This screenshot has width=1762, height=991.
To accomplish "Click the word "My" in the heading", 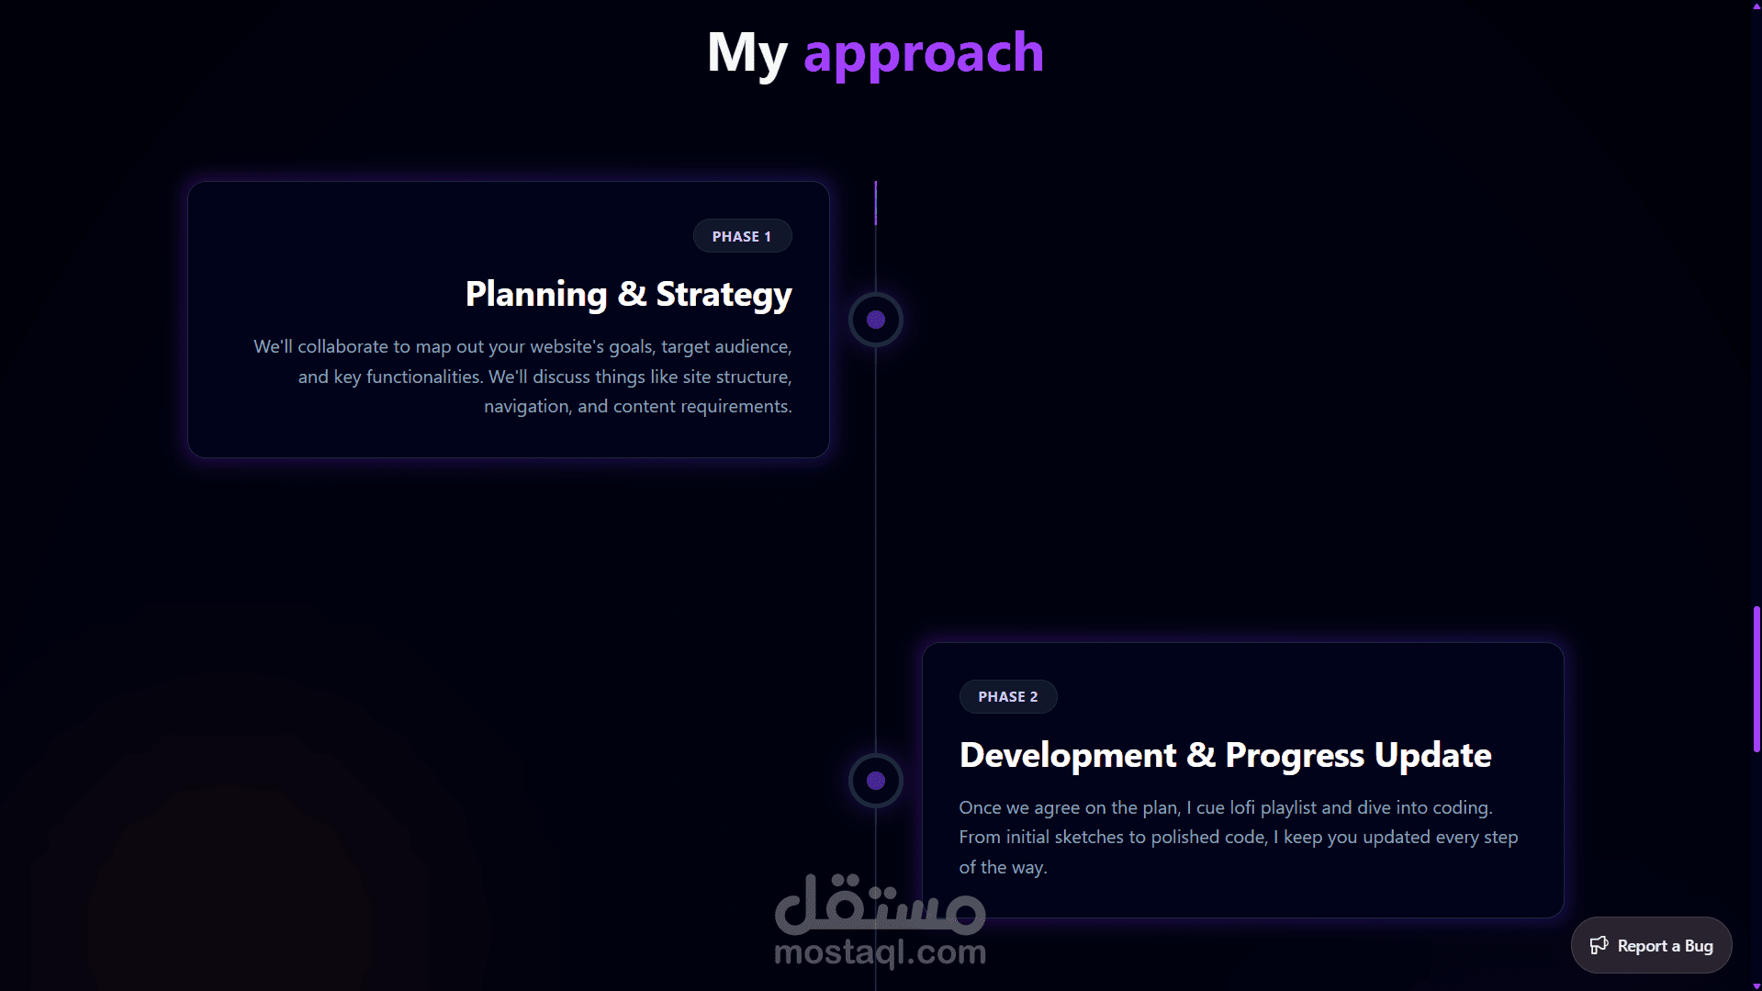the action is (747, 53).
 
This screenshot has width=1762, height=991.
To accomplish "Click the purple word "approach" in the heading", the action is (924, 53).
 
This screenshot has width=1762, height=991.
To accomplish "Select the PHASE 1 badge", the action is (742, 236).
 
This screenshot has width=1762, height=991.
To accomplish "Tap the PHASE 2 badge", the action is (1008, 697).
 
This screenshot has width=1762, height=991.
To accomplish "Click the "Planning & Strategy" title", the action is (629, 295).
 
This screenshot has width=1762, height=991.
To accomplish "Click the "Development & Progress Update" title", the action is (1226, 755).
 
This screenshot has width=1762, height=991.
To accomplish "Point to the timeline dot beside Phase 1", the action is (876, 320).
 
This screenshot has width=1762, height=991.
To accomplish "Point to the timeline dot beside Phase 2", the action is (876, 781).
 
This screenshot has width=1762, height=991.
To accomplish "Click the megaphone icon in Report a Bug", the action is (1599, 945).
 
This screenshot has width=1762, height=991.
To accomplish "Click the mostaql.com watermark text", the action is (881, 952).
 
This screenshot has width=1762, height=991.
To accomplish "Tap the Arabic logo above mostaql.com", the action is (881, 903).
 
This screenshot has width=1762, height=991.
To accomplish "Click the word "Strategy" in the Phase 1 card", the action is (724, 295).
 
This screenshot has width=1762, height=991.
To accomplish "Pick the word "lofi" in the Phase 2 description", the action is (1242, 807).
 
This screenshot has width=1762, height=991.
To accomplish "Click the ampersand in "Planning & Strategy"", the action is (632, 294).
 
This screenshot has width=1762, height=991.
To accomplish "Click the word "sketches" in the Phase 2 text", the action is (1089, 837).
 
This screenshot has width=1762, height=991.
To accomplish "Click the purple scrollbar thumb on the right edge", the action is (1756, 680).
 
